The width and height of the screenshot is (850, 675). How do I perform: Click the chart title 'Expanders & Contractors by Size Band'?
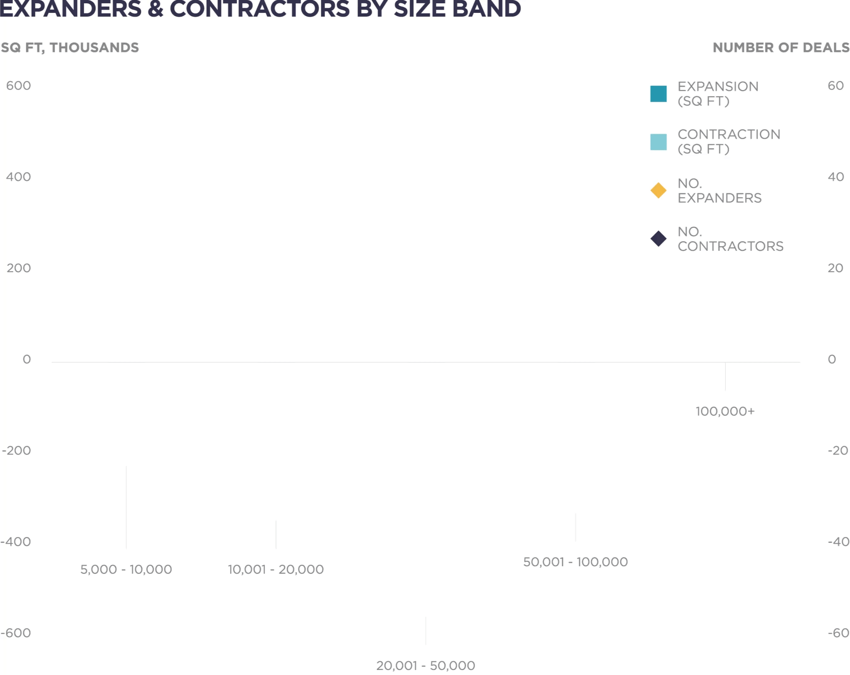pyautogui.click(x=260, y=9)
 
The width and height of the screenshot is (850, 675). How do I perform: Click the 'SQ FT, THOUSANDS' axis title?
pyautogui.click(x=70, y=47)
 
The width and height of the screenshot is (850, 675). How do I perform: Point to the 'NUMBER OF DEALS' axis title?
pyautogui.click(x=781, y=47)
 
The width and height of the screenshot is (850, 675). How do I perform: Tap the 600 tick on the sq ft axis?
pyautogui.click(x=18, y=85)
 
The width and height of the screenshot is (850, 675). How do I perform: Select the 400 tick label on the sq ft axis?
pyautogui.click(x=18, y=177)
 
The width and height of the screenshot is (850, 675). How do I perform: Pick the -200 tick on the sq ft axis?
pyautogui.click(x=17, y=450)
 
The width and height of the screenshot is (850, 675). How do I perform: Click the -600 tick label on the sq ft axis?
pyautogui.click(x=16, y=633)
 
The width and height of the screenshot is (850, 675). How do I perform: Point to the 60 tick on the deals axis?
pyautogui.click(x=835, y=85)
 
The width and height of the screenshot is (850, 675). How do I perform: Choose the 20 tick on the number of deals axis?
pyautogui.click(x=835, y=268)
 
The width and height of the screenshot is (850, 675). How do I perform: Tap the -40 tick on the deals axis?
pyautogui.click(x=838, y=542)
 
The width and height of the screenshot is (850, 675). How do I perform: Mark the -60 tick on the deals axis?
pyautogui.click(x=838, y=633)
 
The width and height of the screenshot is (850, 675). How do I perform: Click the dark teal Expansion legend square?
pyautogui.click(x=658, y=94)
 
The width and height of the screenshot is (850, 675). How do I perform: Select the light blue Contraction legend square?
pyautogui.click(x=658, y=142)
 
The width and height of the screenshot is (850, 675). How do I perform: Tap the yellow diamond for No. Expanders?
pyautogui.click(x=658, y=190)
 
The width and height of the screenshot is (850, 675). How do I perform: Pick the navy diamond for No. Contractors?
pyautogui.click(x=658, y=239)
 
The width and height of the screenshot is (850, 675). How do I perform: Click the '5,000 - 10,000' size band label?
pyautogui.click(x=126, y=569)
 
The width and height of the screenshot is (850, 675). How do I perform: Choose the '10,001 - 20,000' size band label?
pyautogui.click(x=275, y=569)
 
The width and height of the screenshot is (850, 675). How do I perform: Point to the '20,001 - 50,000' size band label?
pyautogui.click(x=425, y=665)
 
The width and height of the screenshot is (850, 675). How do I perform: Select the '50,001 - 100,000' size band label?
pyautogui.click(x=575, y=562)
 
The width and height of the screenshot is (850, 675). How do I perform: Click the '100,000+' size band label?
pyautogui.click(x=725, y=411)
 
